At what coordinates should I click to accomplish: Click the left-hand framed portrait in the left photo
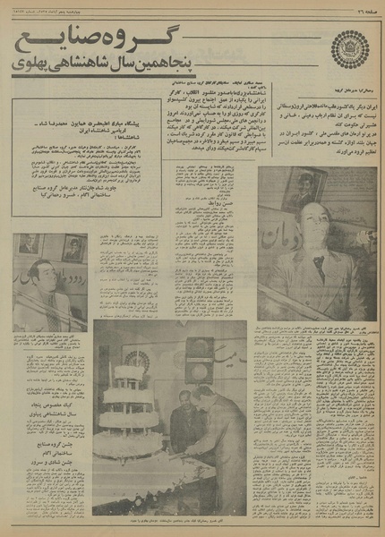pyautogui.click(x=28, y=244)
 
